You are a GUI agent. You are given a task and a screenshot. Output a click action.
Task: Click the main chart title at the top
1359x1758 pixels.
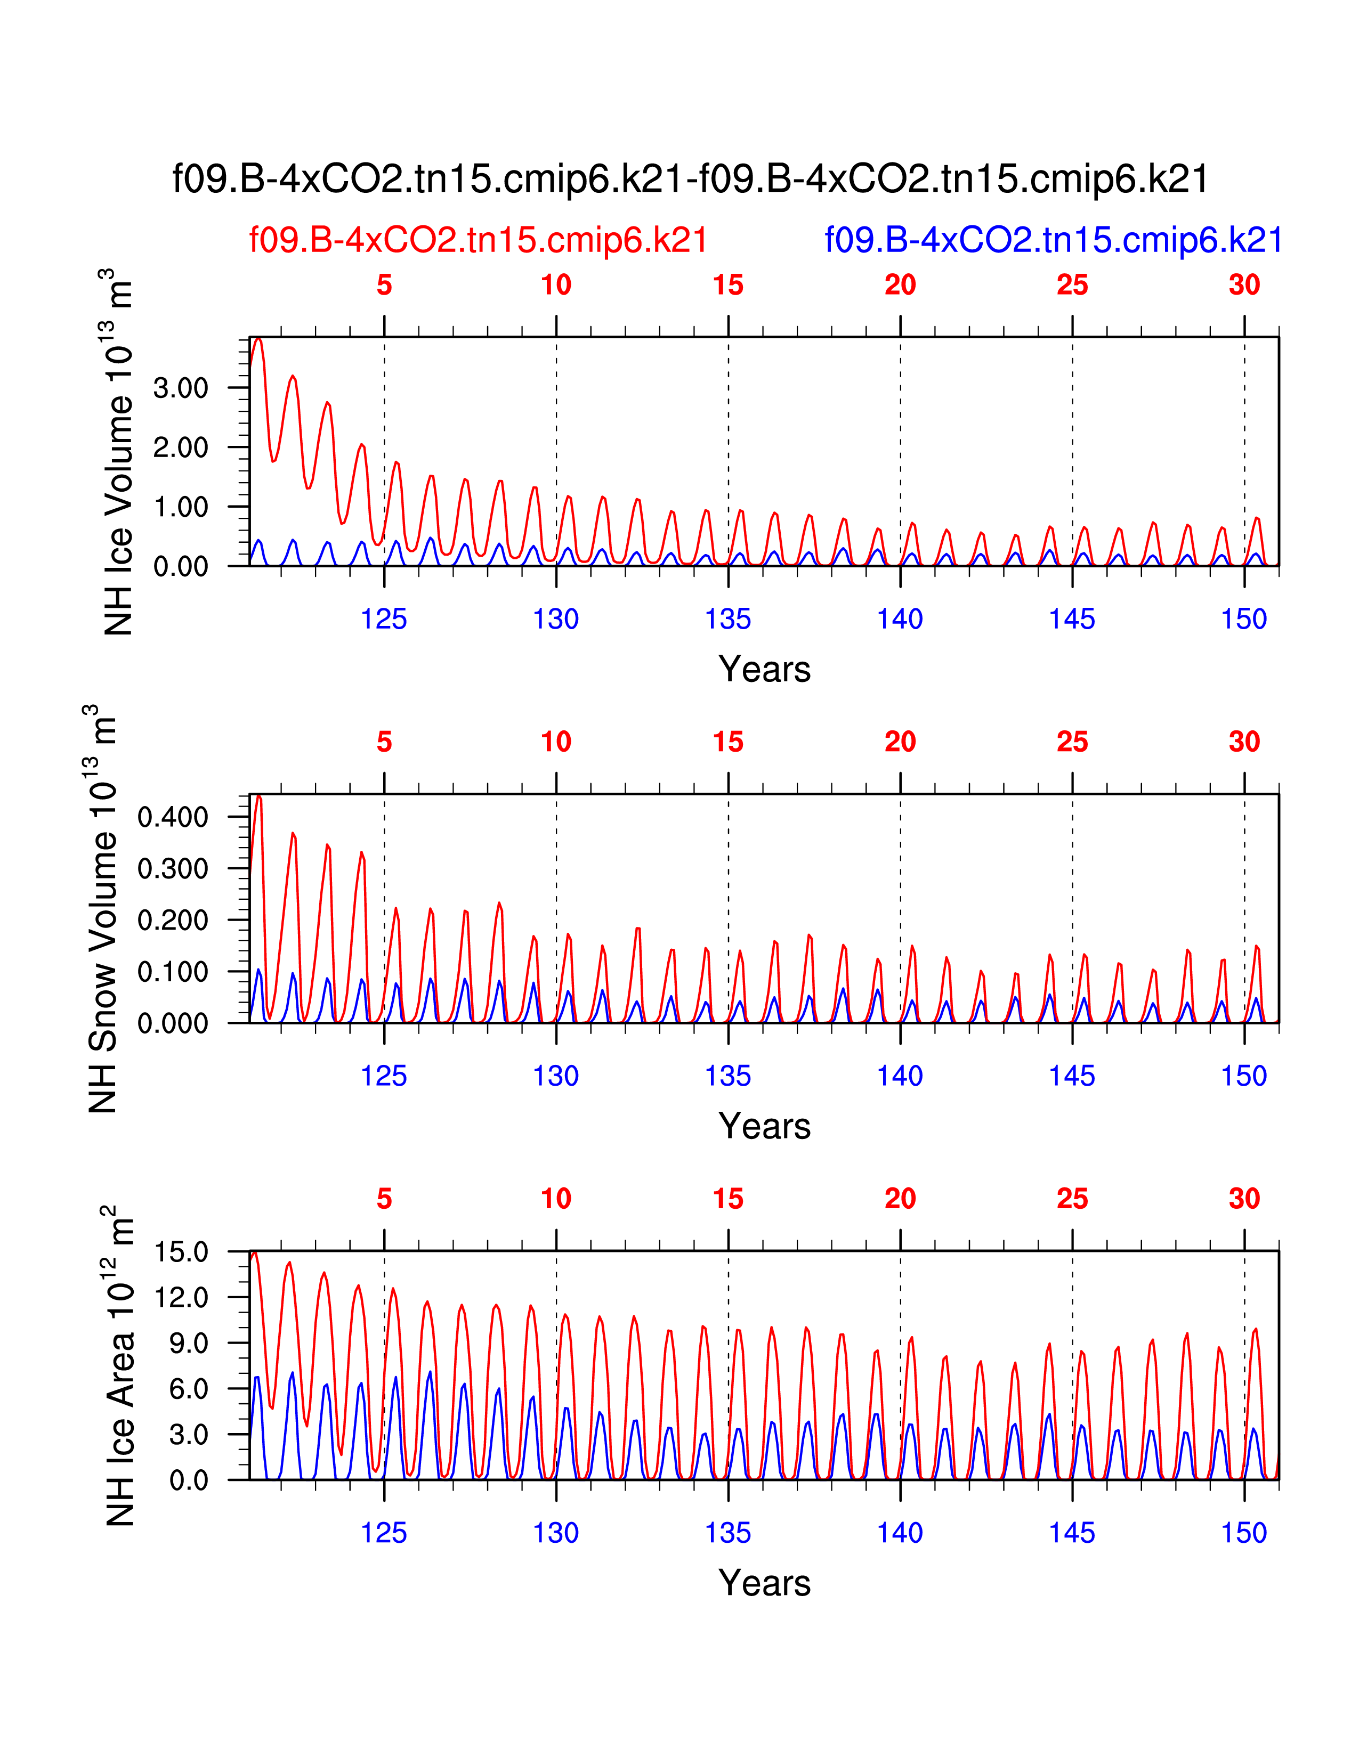pos(691,178)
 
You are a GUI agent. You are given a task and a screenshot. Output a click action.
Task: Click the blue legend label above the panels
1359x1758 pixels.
pos(1053,240)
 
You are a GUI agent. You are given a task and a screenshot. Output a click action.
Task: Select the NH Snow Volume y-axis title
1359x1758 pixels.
pos(102,909)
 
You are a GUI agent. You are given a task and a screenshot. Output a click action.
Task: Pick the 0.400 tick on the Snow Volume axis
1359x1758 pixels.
pos(173,817)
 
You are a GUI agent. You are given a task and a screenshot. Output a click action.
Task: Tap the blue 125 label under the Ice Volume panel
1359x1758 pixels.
pos(384,619)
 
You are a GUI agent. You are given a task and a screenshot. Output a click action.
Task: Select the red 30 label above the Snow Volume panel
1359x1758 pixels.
pos(1244,742)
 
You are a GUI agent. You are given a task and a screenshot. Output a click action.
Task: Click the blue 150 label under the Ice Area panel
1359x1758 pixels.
pos(1244,1533)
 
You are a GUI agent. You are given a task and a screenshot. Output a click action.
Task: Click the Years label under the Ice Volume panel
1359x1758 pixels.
pos(764,670)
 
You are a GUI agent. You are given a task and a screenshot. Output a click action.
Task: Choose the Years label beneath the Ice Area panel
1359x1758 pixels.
pos(764,1583)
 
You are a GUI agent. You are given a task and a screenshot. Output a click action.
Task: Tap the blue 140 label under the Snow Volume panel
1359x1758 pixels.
pos(900,1076)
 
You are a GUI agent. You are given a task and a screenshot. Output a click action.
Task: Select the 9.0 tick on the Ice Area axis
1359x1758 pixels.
pos(189,1344)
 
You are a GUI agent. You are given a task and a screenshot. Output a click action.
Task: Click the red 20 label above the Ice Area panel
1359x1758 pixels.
pos(900,1199)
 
